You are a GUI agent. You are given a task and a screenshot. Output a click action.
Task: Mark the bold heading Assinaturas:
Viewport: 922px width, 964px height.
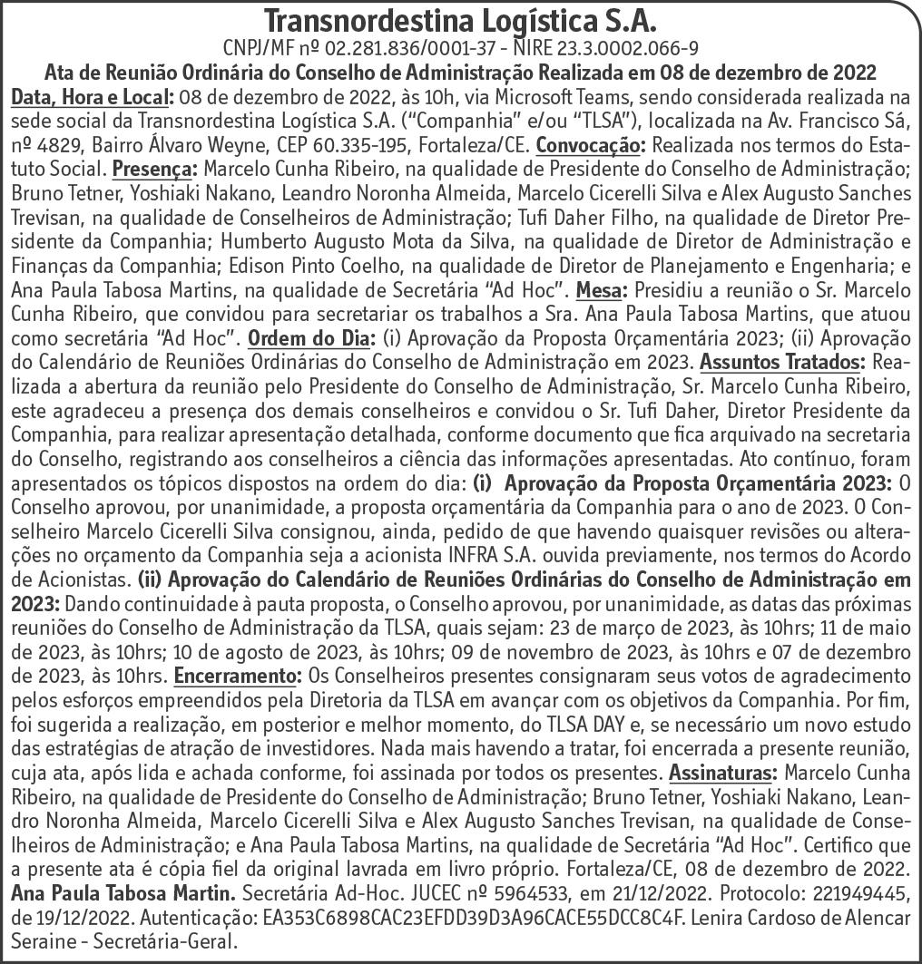click(x=721, y=773)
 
